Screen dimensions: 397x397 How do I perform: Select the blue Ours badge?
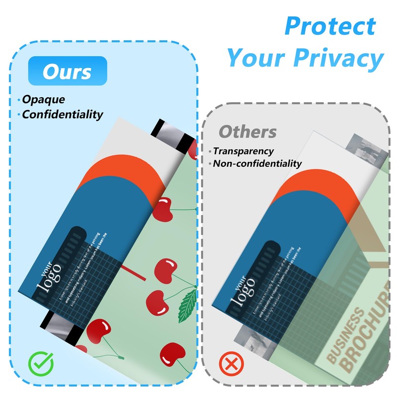[x=67, y=71]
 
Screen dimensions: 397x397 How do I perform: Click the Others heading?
[x=248, y=132]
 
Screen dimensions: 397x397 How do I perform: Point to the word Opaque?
[x=44, y=99]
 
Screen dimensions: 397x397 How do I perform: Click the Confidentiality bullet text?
[x=63, y=115]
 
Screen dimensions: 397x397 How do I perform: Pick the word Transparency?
[x=243, y=151]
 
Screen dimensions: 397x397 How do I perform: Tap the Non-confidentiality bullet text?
[x=257, y=163]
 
